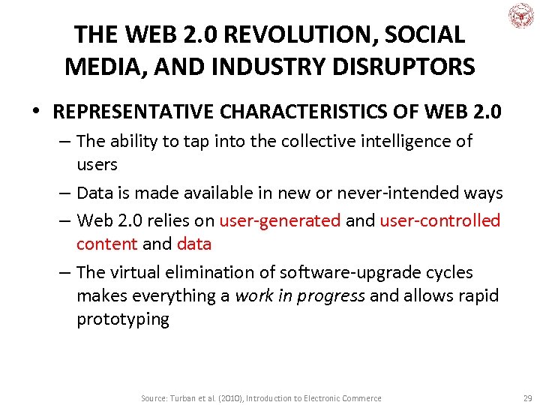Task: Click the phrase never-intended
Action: tap(400, 193)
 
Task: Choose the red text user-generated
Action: tap(280, 220)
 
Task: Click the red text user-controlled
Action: tap(439, 220)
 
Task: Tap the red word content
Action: tap(106, 244)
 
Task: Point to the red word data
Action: tap(194, 244)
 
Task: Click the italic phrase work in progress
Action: tap(300, 295)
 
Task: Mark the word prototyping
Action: tap(123, 319)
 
